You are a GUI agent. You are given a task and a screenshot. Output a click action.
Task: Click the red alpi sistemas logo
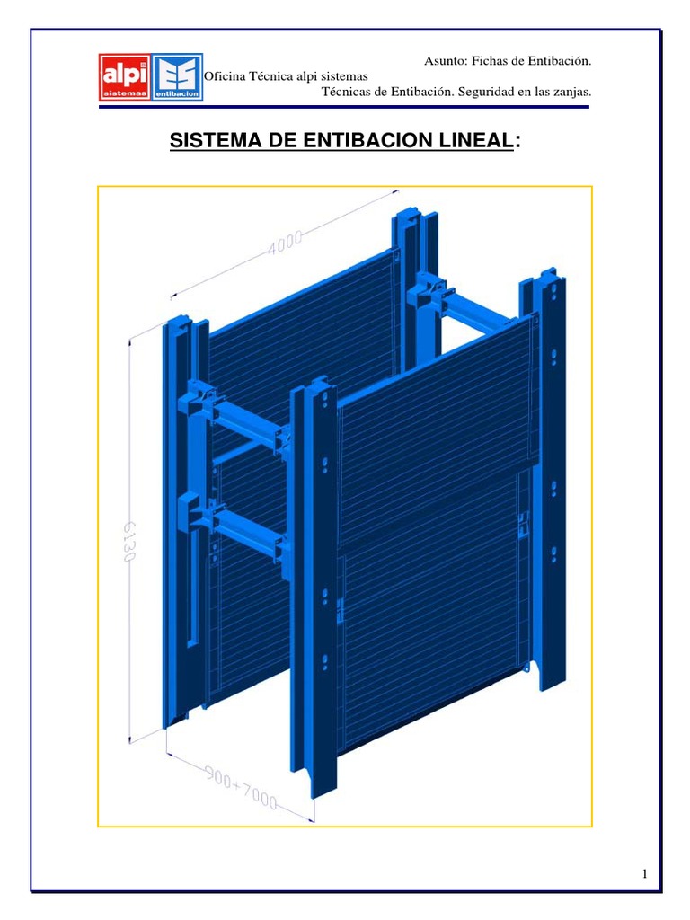click(x=124, y=77)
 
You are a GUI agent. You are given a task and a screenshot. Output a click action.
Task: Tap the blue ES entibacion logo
click(x=177, y=77)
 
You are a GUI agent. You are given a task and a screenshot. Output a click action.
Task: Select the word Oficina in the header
click(x=225, y=76)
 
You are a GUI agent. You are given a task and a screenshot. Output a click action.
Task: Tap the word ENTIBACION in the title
click(x=368, y=140)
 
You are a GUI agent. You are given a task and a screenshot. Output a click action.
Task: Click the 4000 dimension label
click(x=285, y=242)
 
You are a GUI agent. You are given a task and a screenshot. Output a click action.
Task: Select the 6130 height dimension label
click(x=129, y=541)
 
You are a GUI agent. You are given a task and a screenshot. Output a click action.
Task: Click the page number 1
click(x=645, y=874)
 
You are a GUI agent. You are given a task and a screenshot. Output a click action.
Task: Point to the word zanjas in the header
click(x=571, y=92)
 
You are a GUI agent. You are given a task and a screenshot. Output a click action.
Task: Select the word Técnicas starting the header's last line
click(x=345, y=92)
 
